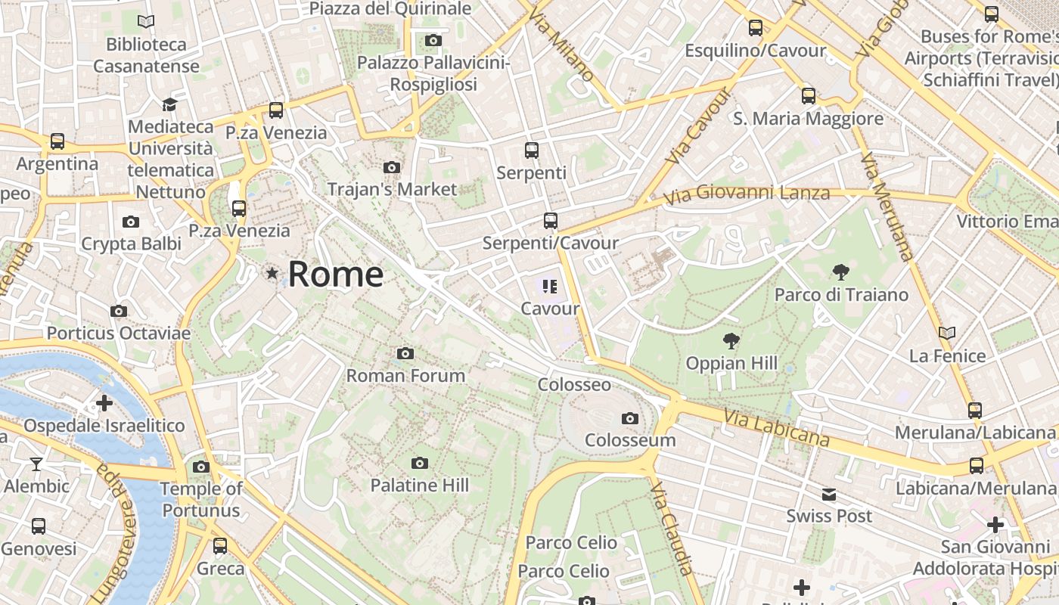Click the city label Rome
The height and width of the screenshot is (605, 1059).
tap(335, 274)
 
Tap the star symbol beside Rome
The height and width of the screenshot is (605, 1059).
tap(272, 273)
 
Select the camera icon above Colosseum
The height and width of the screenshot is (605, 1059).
tap(629, 418)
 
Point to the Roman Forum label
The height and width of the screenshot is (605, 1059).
tap(405, 375)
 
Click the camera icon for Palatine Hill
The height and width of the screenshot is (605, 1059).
tap(420, 463)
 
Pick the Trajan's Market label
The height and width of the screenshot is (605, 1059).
tap(392, 189)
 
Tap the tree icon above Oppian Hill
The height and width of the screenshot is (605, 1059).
tap(731, 341)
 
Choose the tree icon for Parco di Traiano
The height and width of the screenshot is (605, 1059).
tap(840, 272)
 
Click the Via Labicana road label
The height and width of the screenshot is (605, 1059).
tap(776, 428)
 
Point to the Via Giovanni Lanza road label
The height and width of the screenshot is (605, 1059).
tap(747, 195)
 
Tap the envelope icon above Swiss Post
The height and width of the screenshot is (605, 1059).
tap(829, 495)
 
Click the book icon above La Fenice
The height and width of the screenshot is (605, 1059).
tap(946, 333)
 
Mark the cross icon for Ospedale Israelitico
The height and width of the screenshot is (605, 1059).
tap(104, 403)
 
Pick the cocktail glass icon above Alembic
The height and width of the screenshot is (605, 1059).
tap(36, 464)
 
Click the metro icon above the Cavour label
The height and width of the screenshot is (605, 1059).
tap(550, 286)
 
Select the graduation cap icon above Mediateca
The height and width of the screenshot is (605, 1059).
tap(169, 104)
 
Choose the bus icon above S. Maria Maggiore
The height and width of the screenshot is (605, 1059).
tap(809, 96)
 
